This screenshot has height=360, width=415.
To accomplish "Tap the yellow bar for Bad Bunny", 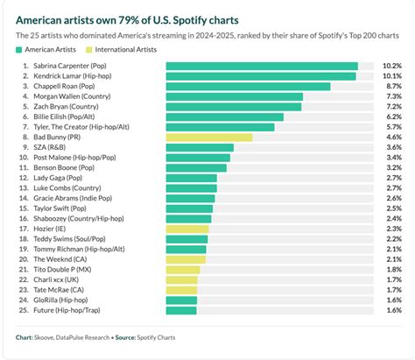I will tap(208, 138).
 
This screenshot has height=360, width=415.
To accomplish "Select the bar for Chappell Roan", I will tap(248, 87).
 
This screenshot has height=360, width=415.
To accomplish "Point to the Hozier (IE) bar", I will tap(186, 229).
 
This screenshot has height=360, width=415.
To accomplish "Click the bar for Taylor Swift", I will tap(188, 208).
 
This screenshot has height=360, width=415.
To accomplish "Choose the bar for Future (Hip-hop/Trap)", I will tap(180, 310).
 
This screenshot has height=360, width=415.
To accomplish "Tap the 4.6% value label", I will tap(393, 138).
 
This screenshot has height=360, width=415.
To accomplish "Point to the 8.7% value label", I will tap(393, 87).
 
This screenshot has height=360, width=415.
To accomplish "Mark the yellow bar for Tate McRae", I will tap(181, 290).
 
